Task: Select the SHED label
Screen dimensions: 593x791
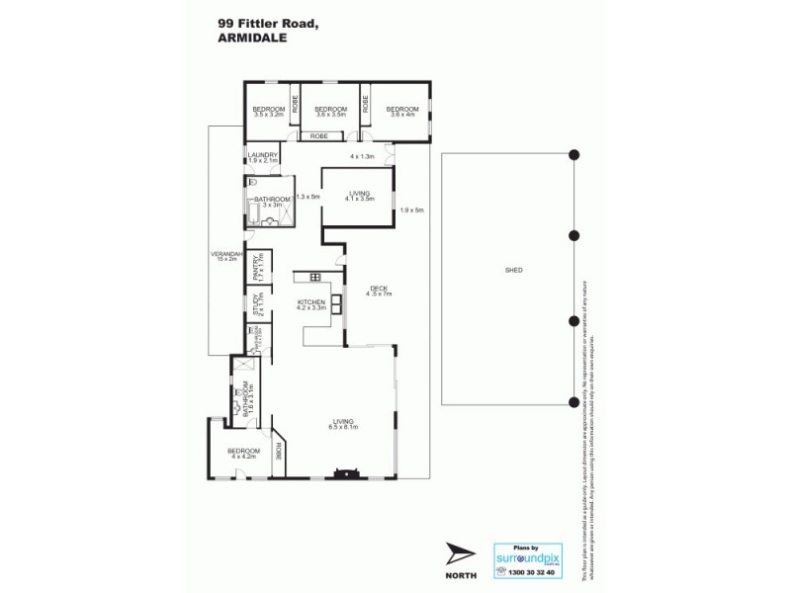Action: coord(513,270)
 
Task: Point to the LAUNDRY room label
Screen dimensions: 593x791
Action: coord(262,154)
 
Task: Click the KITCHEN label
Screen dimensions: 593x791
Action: coord(311,300)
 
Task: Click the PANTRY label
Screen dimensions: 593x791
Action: coord(255,269)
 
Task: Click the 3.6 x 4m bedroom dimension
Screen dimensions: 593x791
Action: coord(402,116)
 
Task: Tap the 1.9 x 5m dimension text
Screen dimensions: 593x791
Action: coord(411,210)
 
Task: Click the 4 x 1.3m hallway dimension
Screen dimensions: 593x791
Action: coord(362,157)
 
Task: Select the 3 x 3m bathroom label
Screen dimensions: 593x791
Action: coord(272,205)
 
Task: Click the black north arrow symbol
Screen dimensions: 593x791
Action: coord(460,554)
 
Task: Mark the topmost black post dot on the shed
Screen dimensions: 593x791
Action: coord(573,152)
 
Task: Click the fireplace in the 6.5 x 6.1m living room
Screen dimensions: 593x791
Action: coord(346,473)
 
